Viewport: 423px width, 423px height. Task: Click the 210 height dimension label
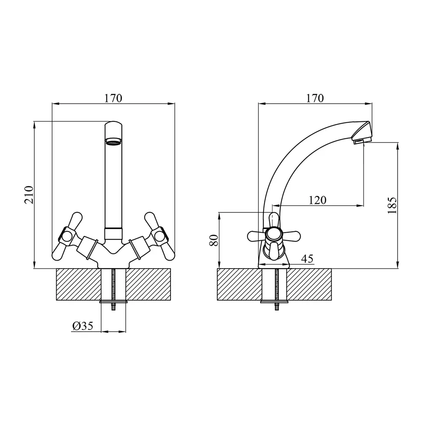pos(29,195)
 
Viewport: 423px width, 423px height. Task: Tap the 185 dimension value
pos(392,206)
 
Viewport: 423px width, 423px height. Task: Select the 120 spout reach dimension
pos(317,200)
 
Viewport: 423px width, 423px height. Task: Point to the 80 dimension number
pos(214,240)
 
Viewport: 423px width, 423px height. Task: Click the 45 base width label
pos(307,259)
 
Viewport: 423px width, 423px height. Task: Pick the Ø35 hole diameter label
pos(83,326)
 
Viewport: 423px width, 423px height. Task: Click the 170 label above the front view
pos(113,98)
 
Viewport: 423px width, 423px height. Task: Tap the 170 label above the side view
pos(315,98)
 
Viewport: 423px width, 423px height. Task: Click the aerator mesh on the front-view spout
pos(113,142)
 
